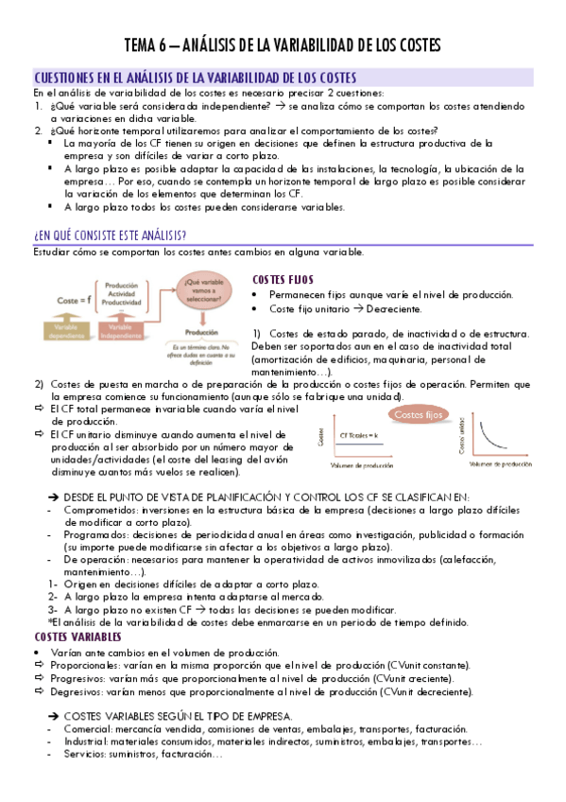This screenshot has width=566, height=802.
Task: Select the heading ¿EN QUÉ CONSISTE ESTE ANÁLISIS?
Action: click(110, 235)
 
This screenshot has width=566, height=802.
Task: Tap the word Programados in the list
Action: click(94, 535)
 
